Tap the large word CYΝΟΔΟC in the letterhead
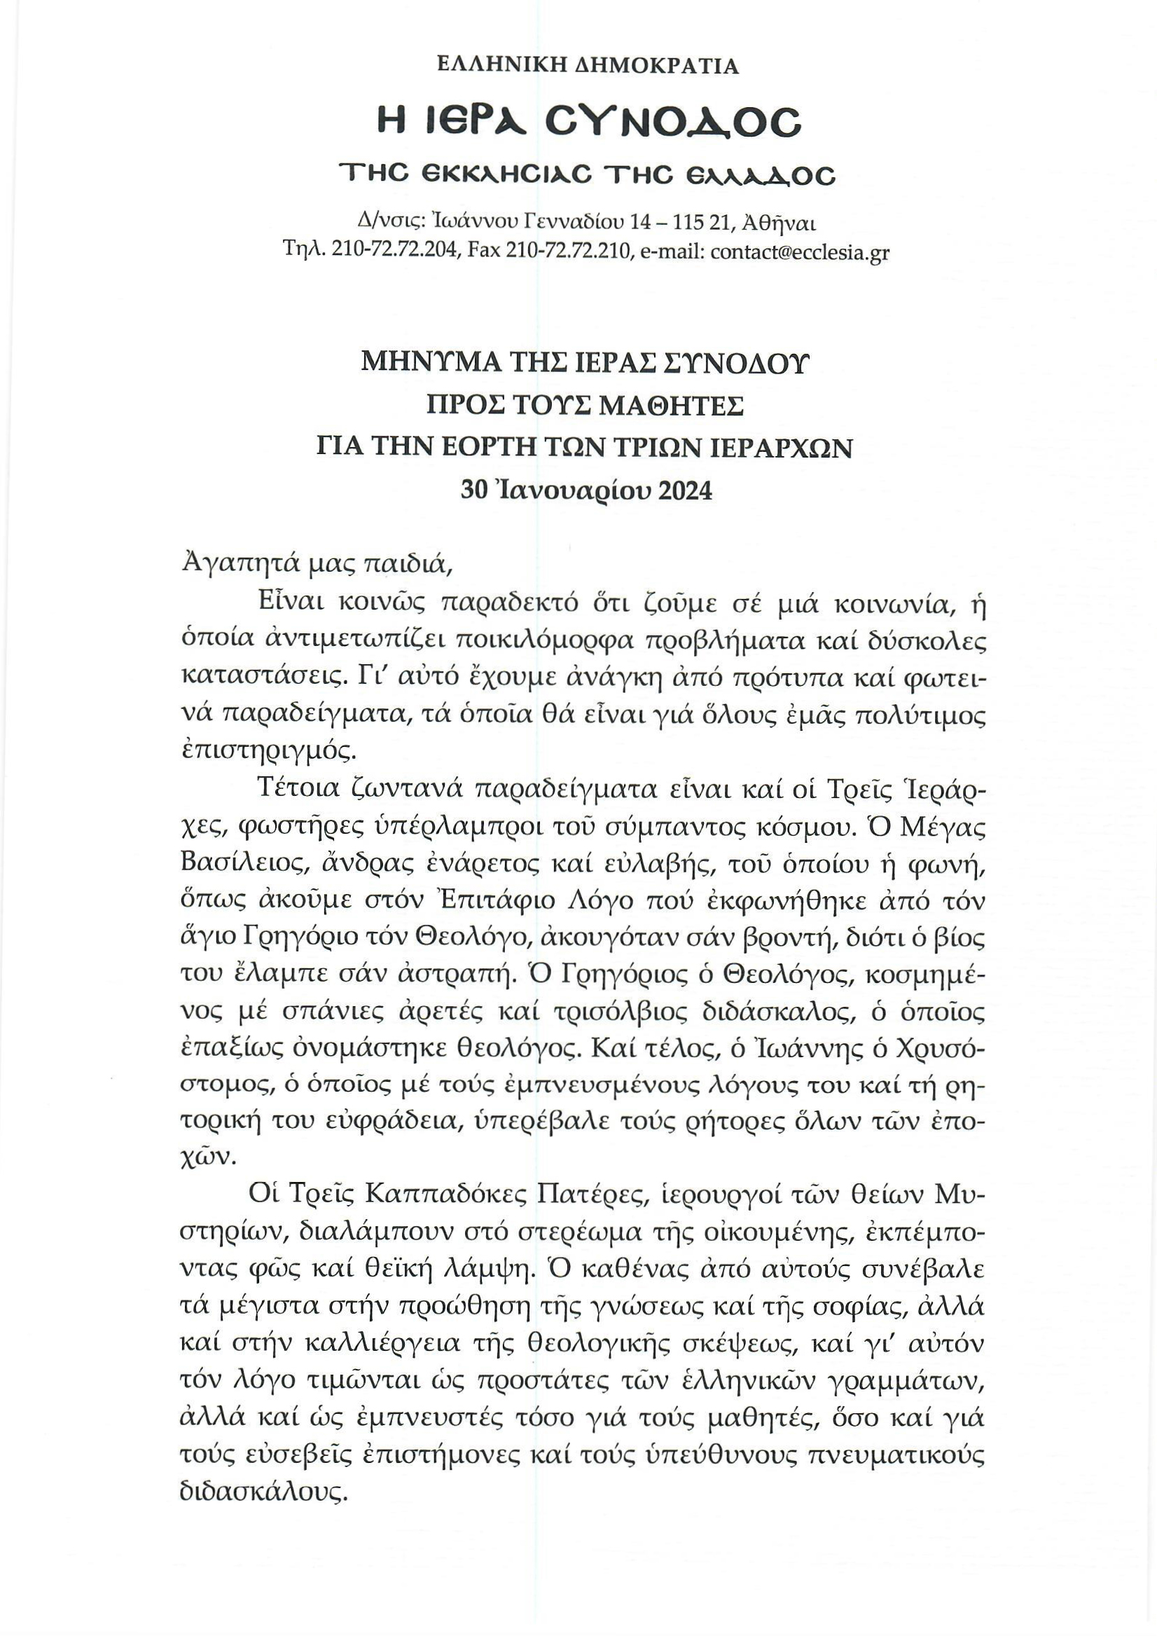pyautogui.click(x=673, y=123)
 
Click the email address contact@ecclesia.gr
pyautogui.click(x=800, y=252)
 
